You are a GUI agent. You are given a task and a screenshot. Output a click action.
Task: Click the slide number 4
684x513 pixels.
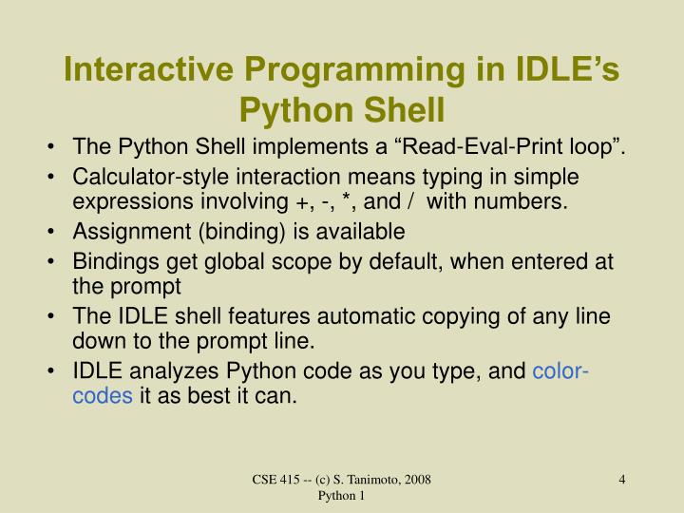[621, 480]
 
